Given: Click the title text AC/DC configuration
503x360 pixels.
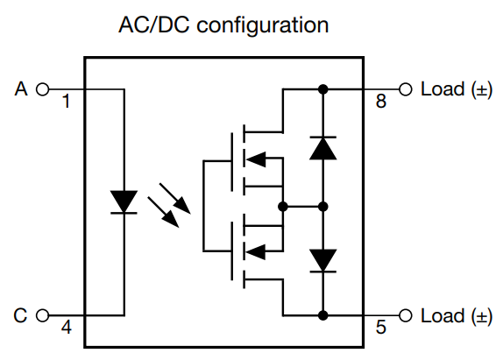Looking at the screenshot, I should click(x=224, y=24).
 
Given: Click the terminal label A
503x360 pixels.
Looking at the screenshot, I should click(x=22, y=88).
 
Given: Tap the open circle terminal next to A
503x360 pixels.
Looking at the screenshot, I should click(x=41, y=88).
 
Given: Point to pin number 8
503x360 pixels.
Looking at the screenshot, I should click(x=380, y=102).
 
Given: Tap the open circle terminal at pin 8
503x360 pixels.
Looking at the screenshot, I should click(x=405, y=88).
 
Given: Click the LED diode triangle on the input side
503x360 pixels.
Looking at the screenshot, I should click(x=124, y=201).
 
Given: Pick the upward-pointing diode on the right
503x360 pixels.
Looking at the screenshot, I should click(x=323, y=148).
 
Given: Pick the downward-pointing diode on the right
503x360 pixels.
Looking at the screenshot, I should click(x=323, y=259).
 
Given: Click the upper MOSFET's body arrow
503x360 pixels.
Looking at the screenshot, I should click(x=255, y=159).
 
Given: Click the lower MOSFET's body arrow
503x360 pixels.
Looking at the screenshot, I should click(x=255, y=252).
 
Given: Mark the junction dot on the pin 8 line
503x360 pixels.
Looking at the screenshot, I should click(x=323, y=88).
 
